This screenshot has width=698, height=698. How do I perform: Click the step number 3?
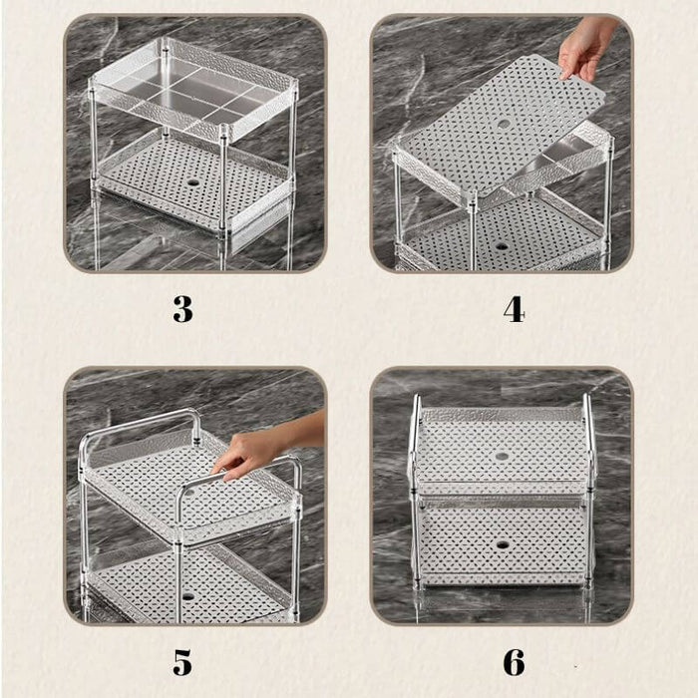point(182,309)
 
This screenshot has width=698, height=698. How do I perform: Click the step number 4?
point(515,309)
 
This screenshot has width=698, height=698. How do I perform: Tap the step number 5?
point(182,662)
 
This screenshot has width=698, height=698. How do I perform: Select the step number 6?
point(515,662)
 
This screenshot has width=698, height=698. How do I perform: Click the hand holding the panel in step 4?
point(585,49)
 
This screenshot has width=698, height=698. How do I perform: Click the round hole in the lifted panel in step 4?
point(504,125)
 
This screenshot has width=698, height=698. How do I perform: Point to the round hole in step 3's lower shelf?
point(193,182)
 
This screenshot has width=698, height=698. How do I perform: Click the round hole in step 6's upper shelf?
point(502,457)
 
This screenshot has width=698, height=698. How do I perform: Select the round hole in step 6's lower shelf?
point(503,544)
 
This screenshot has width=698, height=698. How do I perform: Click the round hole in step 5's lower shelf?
point(187,596)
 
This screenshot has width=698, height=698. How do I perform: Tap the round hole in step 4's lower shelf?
point(502,246)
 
